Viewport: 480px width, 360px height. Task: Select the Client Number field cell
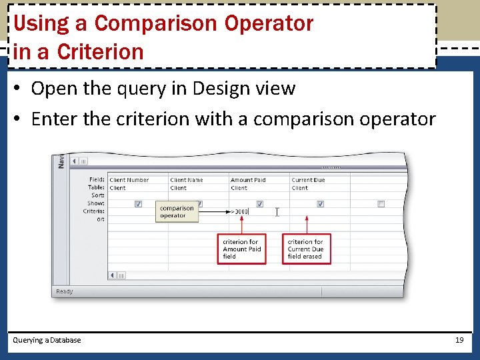click(129, 180)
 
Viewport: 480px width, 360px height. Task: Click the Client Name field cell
click(187, 180)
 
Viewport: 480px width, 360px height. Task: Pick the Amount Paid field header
click(248, 180)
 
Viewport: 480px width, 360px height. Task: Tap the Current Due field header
click(309, 180)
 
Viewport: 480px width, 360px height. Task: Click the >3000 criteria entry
click(239, 212)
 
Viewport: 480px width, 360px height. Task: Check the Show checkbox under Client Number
click(138, 204)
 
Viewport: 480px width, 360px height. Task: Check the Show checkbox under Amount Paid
click(259, 204)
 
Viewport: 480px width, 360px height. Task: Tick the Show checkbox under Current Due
click(320, 204)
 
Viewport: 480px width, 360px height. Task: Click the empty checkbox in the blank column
click(381, 204)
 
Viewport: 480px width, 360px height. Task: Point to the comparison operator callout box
click(177, 212)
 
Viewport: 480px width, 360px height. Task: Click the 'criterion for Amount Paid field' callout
click(242, 249)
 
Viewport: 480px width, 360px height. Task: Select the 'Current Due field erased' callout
click(307, 249)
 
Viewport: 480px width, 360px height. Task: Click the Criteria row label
click(94, 211)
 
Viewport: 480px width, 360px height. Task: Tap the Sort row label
click(98, 195)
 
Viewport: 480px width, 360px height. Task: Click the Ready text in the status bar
click(65, 291)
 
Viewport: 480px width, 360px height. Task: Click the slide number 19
click(459, 340)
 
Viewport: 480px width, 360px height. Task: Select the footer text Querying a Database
click(47, 340)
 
